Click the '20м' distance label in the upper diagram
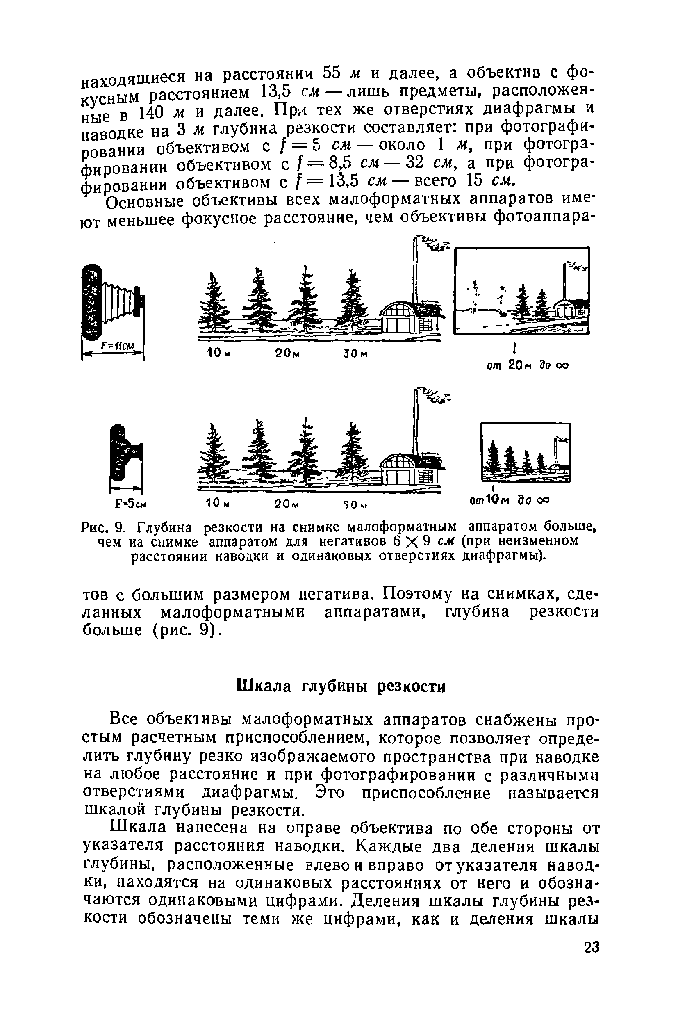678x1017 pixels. (287, 354)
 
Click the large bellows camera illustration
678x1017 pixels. (113, 303)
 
